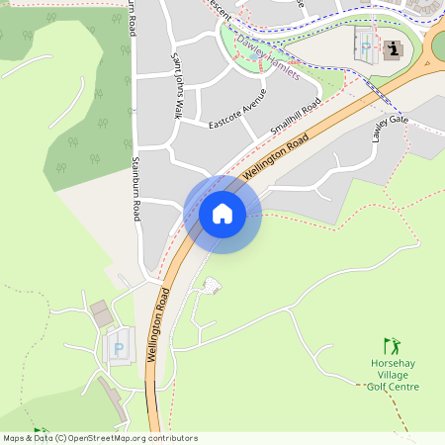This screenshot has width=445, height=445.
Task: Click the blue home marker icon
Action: click(222, 214)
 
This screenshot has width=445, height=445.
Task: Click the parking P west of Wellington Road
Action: click(120, 349)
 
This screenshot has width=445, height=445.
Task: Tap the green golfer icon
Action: click(393, 346)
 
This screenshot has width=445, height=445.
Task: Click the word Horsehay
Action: click(394, 363)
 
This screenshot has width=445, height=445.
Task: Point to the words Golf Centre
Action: click(394, 387)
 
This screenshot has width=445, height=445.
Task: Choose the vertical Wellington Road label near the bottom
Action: click(159, 325)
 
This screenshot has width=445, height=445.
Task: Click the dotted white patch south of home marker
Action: click(212, 286)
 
